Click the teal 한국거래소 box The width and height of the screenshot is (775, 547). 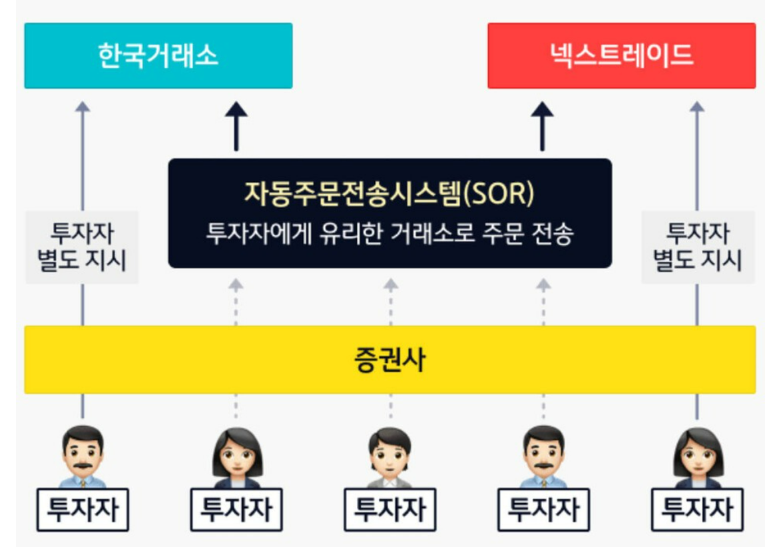tap(158, 55)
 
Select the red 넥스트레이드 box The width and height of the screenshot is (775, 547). tap(621, 55)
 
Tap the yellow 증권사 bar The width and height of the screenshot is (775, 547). tap(389, 360)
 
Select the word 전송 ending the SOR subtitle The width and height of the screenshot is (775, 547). tap(553, 235)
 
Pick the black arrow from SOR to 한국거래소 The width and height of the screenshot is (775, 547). tap(236, 127)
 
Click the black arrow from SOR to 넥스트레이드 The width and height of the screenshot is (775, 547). tap(543, 127)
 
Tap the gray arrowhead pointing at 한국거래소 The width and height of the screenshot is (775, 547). tap(82, 107)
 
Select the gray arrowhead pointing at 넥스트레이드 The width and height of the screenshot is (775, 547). tap(697, 107)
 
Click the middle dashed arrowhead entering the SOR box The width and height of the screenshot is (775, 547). tap(391, 284)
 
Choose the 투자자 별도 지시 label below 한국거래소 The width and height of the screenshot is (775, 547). tap(82, 247)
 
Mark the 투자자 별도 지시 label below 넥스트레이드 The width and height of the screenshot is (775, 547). tap(697, 247)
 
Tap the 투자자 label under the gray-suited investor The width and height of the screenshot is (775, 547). tap(390, 510)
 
